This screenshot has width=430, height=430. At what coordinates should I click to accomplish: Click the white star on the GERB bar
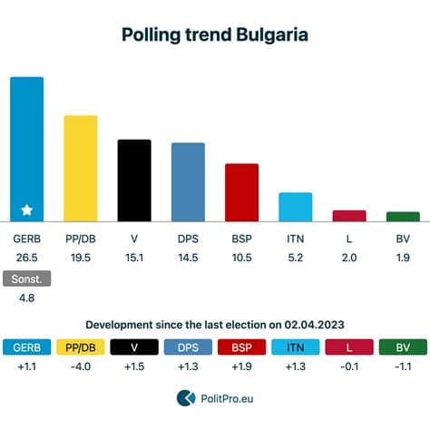(27, 210)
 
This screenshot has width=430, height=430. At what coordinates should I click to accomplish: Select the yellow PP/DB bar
(81, 168)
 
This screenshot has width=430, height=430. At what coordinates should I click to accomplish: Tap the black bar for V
(134, 181)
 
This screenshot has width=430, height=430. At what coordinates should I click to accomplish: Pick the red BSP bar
(241, 191)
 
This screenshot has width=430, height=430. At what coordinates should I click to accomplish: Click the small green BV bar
(403, 216)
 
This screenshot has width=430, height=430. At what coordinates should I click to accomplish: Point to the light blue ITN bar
(295, 206)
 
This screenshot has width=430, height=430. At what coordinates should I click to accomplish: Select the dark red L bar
(349, 215)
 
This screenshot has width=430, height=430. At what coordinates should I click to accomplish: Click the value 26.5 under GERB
(27, 257)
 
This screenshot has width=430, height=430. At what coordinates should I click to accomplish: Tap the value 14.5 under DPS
(188, 257)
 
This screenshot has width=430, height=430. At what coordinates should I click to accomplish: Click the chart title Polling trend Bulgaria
(215, 34)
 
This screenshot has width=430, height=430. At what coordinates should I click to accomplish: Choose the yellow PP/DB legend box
(81, 347)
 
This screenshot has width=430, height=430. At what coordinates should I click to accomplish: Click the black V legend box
(134, 347)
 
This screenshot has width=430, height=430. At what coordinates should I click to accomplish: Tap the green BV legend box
(403, 347)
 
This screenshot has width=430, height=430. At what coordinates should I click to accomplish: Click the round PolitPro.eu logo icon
(186, 397)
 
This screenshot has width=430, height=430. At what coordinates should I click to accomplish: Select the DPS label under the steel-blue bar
(188, 239)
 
